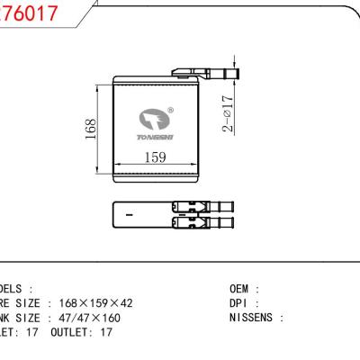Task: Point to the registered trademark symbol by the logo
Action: point(171,111)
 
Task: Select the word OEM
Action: point(243,289)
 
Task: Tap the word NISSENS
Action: point(254,318)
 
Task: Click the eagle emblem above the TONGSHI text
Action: point(151,119)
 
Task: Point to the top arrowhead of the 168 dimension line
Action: point(96,88)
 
